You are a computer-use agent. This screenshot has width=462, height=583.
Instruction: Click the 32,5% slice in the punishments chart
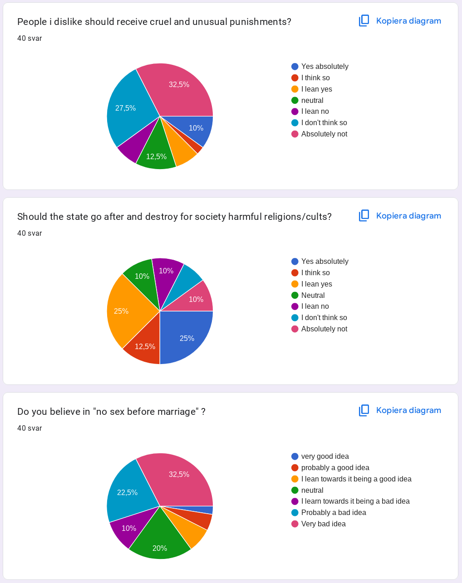pyautogui.click(x=179, y=88)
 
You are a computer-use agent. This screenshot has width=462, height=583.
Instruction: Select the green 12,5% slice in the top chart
pyautogui.click(x=156, y=154)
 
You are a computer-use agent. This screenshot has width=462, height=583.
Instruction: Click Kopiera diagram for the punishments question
pyautogui.click(x=400, y=21)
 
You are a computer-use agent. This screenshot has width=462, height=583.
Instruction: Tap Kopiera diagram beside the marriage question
pyautogui.click(x=400, y=410)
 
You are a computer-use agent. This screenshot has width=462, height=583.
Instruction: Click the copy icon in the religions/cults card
pyautogui.click(x=364, y=216)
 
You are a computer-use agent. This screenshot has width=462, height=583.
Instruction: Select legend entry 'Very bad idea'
pyautogui.click(x=323, y=524)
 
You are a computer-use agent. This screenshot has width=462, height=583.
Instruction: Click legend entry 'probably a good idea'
pyautogui.click(x=335, y=468)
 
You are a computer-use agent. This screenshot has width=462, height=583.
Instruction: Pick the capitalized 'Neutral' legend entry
pyautogui.click(x=313, y=296)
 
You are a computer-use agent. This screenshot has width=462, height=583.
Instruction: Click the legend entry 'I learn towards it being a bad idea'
pyautogui.click(x=355, y=501)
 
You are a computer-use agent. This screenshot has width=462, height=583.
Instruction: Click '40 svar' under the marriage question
pyautogui.click(x=29, y=428)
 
